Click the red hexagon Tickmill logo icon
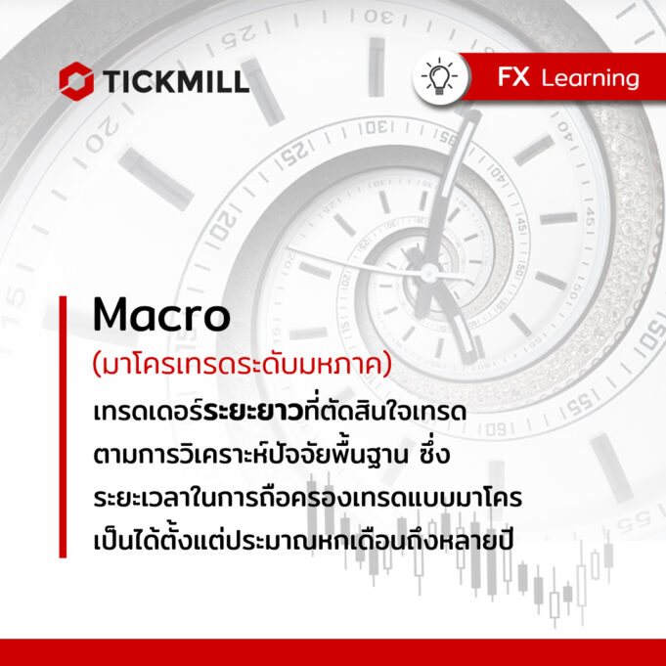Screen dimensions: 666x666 coord(76,81)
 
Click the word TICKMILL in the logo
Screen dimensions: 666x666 coord(175,81)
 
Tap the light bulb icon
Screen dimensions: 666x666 coord(439,77)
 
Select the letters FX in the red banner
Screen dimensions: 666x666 coord(513,77)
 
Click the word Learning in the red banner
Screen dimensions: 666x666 coord(590,79)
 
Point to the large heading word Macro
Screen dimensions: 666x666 coord(161,315)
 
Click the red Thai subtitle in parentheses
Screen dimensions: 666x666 coord(243,366)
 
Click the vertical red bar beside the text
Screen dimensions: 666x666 coord(63,426)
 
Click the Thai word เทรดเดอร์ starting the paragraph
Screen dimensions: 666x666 coord(149,411)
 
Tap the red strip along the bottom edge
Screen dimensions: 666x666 coord(333,652)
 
